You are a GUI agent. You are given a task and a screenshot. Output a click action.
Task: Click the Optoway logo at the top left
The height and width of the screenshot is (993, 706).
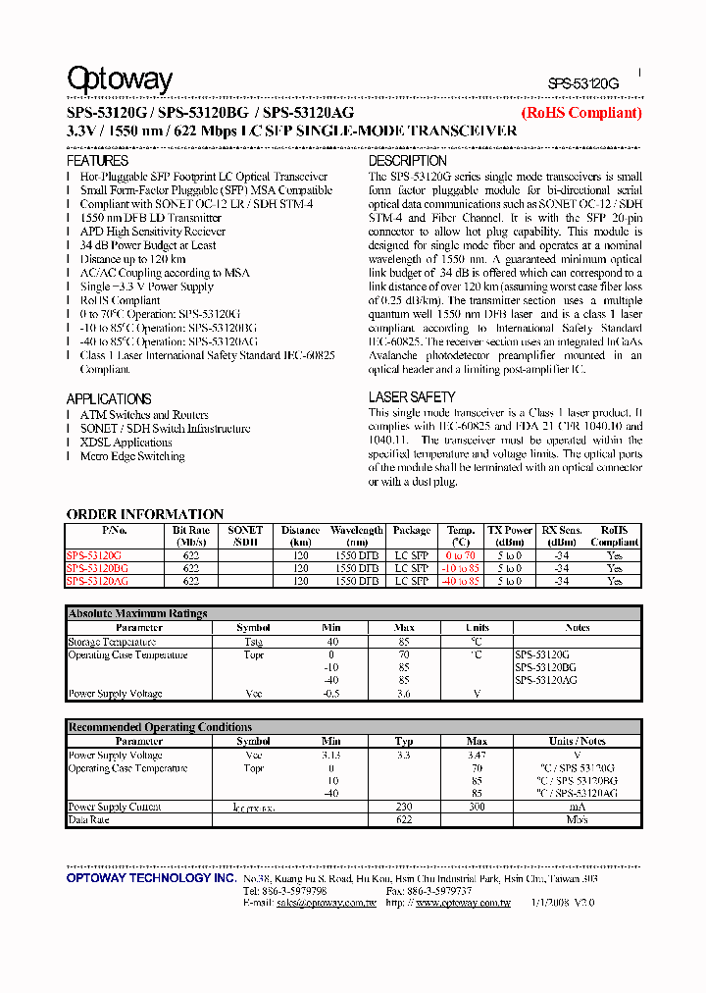119,80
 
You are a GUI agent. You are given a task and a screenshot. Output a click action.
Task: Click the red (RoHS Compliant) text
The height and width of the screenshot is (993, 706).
581,113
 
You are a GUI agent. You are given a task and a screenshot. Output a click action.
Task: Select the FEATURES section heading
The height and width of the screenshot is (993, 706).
97,160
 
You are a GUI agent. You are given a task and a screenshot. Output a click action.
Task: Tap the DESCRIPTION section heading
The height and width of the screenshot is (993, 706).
407,160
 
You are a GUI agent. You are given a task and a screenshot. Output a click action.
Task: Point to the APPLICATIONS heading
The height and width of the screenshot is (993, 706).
109,398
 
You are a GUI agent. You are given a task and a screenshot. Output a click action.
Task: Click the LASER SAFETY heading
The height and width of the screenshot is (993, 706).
412,396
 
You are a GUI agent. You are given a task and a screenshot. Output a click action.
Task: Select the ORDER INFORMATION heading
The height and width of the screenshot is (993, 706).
144,514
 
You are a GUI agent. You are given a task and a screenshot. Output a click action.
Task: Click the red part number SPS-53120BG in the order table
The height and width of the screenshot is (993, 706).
97,568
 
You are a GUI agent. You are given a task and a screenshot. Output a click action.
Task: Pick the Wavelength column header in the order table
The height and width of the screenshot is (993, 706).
356,536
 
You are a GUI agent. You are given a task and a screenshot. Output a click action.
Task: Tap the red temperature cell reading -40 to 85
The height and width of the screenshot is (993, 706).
460,581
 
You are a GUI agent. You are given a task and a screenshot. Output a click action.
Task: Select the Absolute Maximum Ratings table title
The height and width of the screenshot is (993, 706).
137,613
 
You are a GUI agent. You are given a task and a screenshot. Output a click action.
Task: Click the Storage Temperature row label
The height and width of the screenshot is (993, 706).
112,642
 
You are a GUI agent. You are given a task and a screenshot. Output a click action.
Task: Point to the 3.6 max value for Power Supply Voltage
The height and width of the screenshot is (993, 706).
404,694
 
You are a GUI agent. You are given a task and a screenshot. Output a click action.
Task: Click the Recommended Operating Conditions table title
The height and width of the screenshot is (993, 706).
160,727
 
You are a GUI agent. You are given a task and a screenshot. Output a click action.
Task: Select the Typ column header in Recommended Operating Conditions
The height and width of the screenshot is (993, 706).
404,742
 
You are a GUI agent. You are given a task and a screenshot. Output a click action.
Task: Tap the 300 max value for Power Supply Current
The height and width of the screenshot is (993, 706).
477,807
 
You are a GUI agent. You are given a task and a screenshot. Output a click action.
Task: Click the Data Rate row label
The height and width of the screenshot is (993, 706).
88,818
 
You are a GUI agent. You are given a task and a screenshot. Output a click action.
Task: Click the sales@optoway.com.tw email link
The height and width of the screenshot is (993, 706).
326,903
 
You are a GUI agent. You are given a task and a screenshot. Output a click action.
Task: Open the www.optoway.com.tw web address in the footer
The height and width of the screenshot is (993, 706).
463,903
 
